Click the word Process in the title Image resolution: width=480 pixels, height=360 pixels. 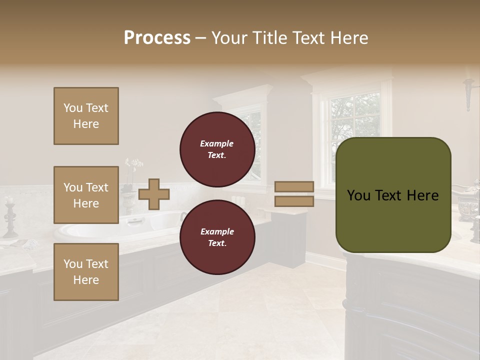pyautogui.click(x=157, y=38)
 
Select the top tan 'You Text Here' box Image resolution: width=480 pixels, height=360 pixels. pyautogui.click(x=86, y=116)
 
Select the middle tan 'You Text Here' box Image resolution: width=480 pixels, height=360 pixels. pyautogui.click(x=86, y=195)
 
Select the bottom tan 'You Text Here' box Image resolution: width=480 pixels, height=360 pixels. pyautogui.click(x=86, y=271)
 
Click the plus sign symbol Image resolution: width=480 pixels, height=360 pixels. pyautogui.click(x=154, y=194)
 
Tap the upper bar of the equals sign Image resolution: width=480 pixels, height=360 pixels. pyautogui.click(x=294, y=187)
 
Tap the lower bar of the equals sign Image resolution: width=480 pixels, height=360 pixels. pyautogui.click(x=294, y=201)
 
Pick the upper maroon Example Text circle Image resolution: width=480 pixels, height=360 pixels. pyautogui.click(x=217, y=149)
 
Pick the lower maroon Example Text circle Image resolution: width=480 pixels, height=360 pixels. pyautogui.click(x=217, y=237)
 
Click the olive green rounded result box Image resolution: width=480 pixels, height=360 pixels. pyautogui.click(x=393, y=195)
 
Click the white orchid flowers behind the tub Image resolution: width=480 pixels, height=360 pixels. pyautogui.click(x=133, y=164)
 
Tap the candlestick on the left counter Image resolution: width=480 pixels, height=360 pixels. pyautogui.click(x=9, y=217)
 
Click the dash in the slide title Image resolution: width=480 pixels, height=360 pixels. pyautogui.click(x=201, y=38)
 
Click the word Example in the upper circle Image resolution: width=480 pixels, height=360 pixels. pyautogui.click(x=217, y=143)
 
